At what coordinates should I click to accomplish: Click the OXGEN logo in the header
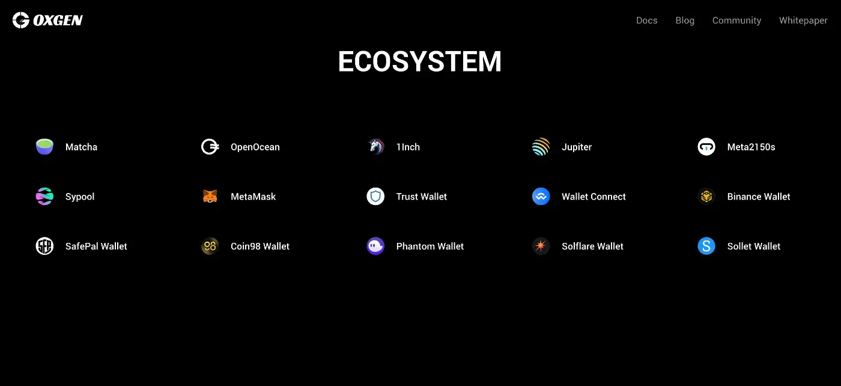point(47,20)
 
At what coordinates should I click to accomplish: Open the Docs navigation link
point(646,20)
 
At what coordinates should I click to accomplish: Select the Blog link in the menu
point(685,20)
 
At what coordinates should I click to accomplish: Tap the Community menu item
point(736,20)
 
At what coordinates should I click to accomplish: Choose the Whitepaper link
point(803,20)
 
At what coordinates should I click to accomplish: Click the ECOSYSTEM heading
point(420,61)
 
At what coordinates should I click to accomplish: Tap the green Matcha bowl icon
point(44,147)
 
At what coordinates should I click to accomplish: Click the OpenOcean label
point(255,147)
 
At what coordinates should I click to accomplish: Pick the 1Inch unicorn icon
point(376,147)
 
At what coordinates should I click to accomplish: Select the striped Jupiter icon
point(541,147)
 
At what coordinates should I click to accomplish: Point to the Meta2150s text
point(751,147)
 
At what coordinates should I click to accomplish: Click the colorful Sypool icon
point(44,196)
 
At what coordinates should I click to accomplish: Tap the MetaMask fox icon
point(210,196)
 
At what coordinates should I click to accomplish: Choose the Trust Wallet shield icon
point(375,196)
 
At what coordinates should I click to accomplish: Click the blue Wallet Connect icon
point(541,196)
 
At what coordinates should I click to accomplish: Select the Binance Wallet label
point(758,197)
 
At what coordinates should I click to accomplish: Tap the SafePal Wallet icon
point(44,246)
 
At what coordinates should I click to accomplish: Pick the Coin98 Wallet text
point(260,246)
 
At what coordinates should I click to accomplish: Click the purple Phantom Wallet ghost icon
point(375,246)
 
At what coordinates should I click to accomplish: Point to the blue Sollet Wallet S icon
point(706,246)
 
